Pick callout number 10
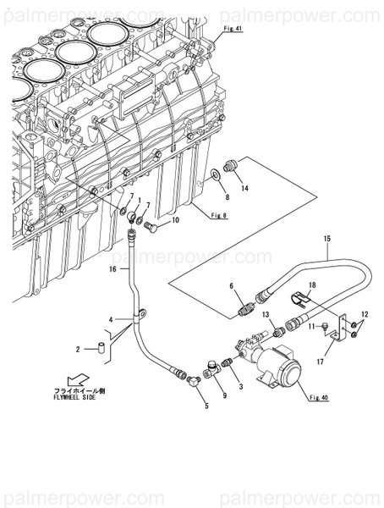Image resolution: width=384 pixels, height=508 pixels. pyautogui.click(x=175, y=221)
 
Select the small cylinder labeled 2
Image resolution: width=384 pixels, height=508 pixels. pyautogui.click(x=100, y=347)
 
